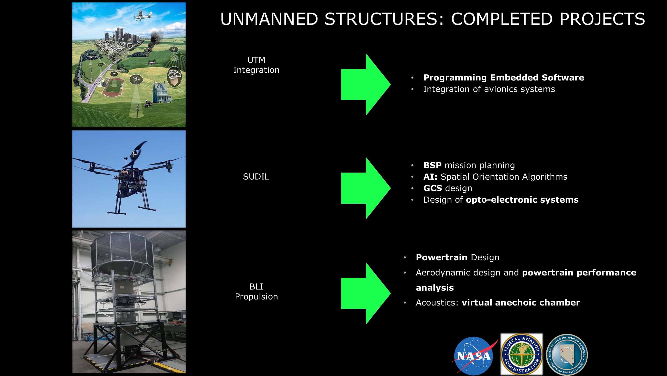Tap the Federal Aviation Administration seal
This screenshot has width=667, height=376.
coord(522,354)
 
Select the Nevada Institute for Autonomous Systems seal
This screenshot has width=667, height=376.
coord(567,355)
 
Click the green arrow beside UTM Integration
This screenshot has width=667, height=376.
coord(366,85)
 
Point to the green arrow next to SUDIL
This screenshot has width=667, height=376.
coord(366,188)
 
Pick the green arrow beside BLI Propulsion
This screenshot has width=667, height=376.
coord(366,293)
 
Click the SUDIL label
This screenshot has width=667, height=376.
coord(256,177)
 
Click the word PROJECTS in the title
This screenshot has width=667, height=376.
coord(602,19)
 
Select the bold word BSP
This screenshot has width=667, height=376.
coord(432,165)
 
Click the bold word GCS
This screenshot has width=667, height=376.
coord(433,188)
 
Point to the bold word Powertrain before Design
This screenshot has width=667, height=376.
coord(442,257)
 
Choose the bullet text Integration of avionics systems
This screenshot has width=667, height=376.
coord(489,89)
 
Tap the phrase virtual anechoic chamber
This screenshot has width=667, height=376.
coord(521,303)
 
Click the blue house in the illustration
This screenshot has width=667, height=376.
coord(162,92)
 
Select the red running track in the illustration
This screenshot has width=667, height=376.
coord(113,87)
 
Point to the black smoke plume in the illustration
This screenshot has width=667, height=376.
coord(156,39)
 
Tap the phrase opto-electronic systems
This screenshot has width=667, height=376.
coord(522,200)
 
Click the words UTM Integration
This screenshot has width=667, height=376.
coord(256,65)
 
